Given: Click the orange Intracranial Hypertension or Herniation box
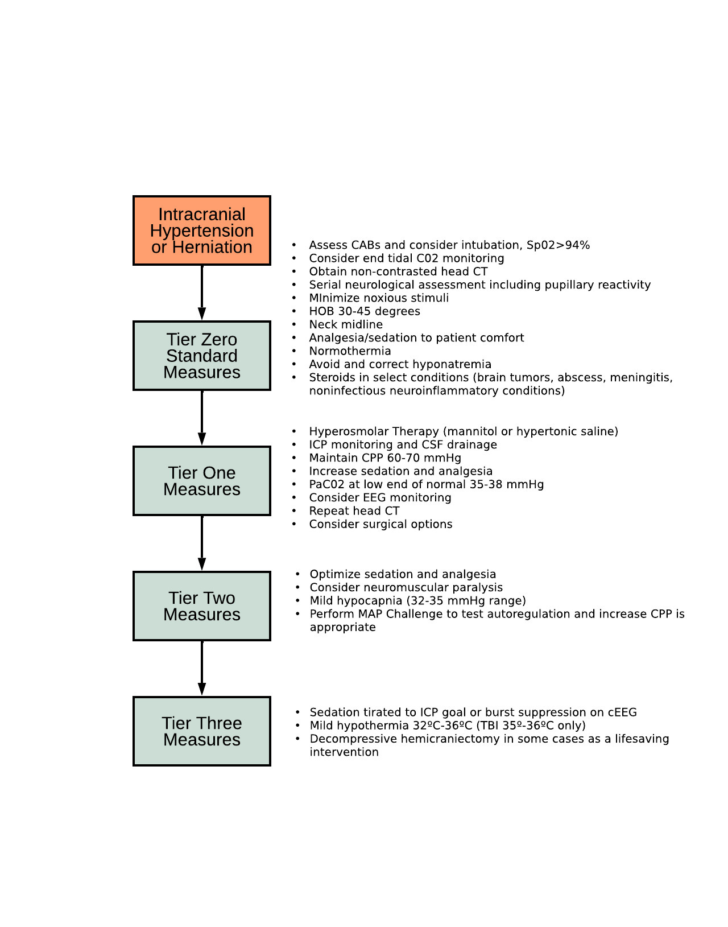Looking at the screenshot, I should point(202,230).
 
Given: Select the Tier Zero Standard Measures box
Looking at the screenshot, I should point(202,356).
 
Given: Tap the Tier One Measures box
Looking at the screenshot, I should point(202,481).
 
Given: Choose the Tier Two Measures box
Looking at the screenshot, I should point(202,606).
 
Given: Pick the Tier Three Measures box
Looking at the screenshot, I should point(202,731).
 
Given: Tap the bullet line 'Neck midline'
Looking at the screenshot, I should point(346,324).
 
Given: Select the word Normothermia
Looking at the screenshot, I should point(350,351).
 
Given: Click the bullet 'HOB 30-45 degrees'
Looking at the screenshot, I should point(365,311).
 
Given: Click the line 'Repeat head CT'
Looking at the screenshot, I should point(354,511).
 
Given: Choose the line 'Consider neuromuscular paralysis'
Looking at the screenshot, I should point(406,587).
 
